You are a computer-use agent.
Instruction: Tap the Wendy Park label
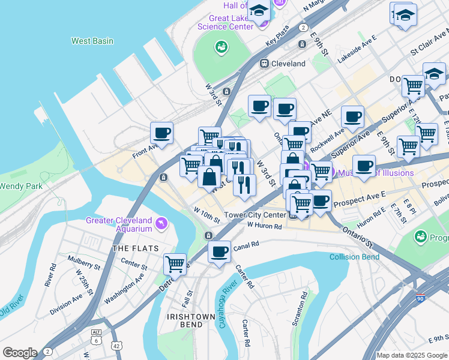21,186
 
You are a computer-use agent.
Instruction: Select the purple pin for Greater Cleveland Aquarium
161,224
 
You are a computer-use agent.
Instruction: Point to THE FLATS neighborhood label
134,248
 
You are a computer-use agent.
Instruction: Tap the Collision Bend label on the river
354,257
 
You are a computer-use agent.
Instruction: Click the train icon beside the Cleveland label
263,63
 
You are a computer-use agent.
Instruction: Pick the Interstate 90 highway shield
420,298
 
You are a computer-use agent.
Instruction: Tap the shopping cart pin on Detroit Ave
175,263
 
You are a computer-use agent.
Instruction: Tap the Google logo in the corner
20,352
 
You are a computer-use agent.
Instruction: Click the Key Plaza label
279,38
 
